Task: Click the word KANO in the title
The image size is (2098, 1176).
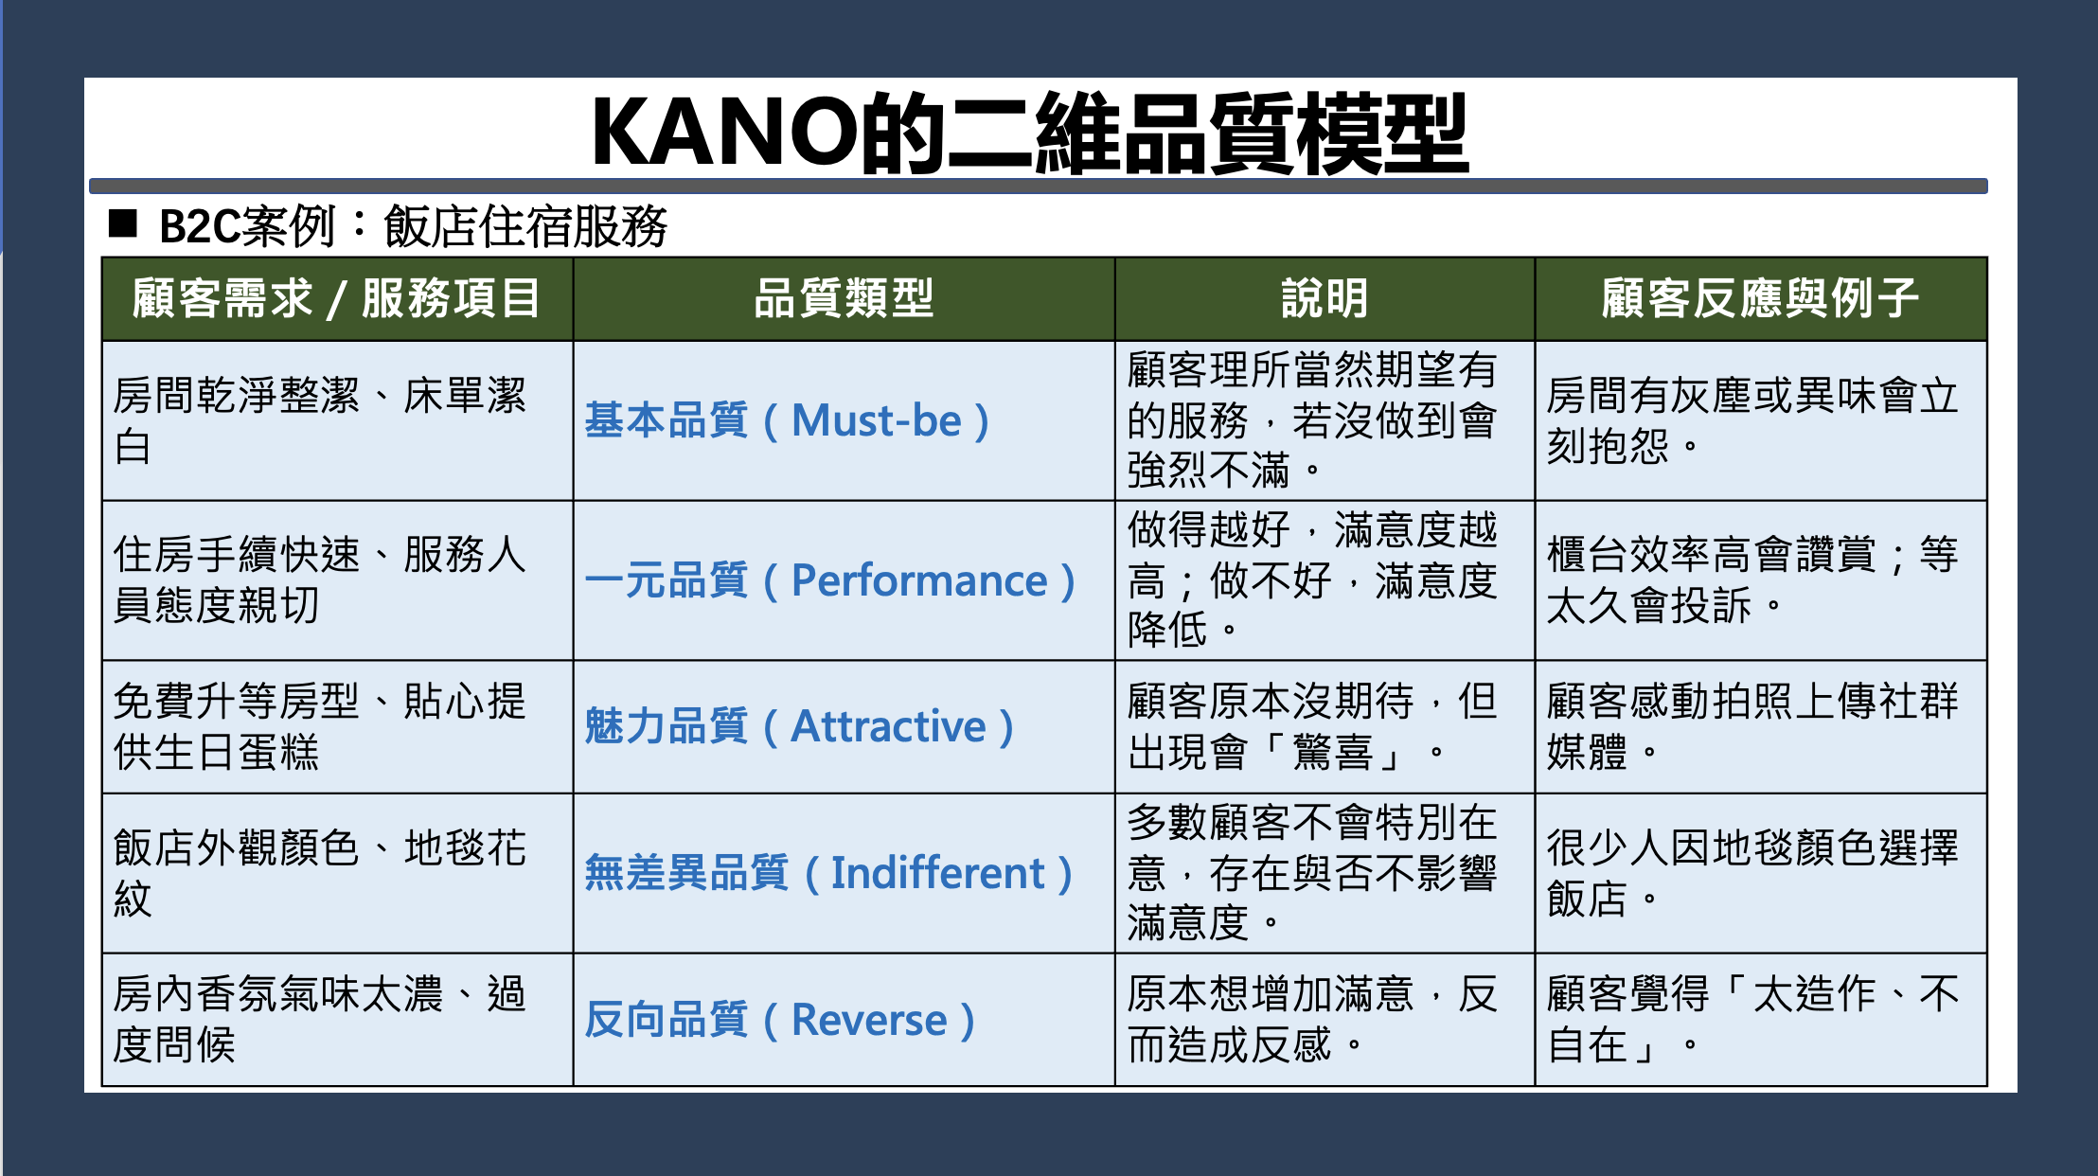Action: pos(724,133)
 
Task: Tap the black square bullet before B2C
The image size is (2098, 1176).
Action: pos(123,224)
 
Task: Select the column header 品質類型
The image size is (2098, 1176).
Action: pos(844,298)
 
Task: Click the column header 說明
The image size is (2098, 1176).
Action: pos(1325,298)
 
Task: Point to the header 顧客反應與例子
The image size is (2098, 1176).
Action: pos(1760,298)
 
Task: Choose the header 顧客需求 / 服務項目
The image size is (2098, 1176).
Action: pos(336,298)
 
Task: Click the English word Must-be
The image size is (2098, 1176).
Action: pos(877,420)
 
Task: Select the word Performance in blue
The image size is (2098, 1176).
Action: pos(919,580)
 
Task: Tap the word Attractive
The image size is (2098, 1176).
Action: pos(889,726)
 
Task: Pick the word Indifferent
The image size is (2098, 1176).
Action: pos(938,873)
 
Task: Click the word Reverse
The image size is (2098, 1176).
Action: pos(869,1020)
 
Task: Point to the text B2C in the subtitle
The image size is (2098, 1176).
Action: pos(200,226)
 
